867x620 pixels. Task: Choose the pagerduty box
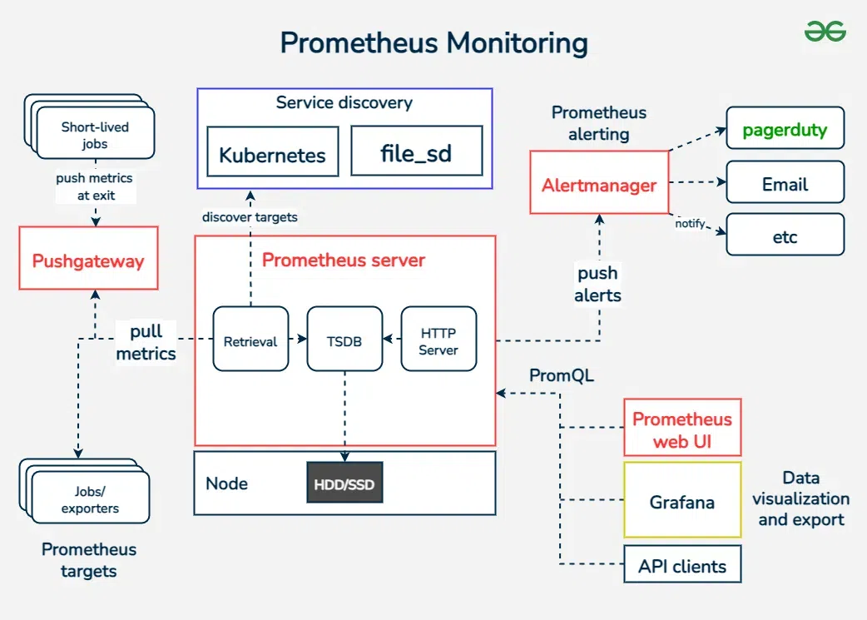785,128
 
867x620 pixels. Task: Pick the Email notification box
785,182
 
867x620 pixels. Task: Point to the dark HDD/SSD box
344,483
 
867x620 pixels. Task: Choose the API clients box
681,565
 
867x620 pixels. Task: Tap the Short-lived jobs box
95,134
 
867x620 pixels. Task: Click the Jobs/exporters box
90,498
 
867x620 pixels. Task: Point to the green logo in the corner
825,32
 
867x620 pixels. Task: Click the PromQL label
562,375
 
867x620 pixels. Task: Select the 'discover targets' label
250,216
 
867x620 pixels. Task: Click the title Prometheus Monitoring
433,42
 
